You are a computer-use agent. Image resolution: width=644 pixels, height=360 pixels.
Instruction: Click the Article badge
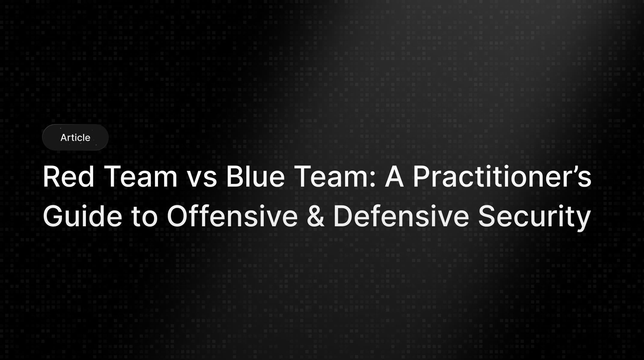click(75, 137)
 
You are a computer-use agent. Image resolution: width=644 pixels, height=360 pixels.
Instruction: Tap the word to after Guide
click(144, 217)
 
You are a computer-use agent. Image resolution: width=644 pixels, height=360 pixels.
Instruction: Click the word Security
click(534, 217)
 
